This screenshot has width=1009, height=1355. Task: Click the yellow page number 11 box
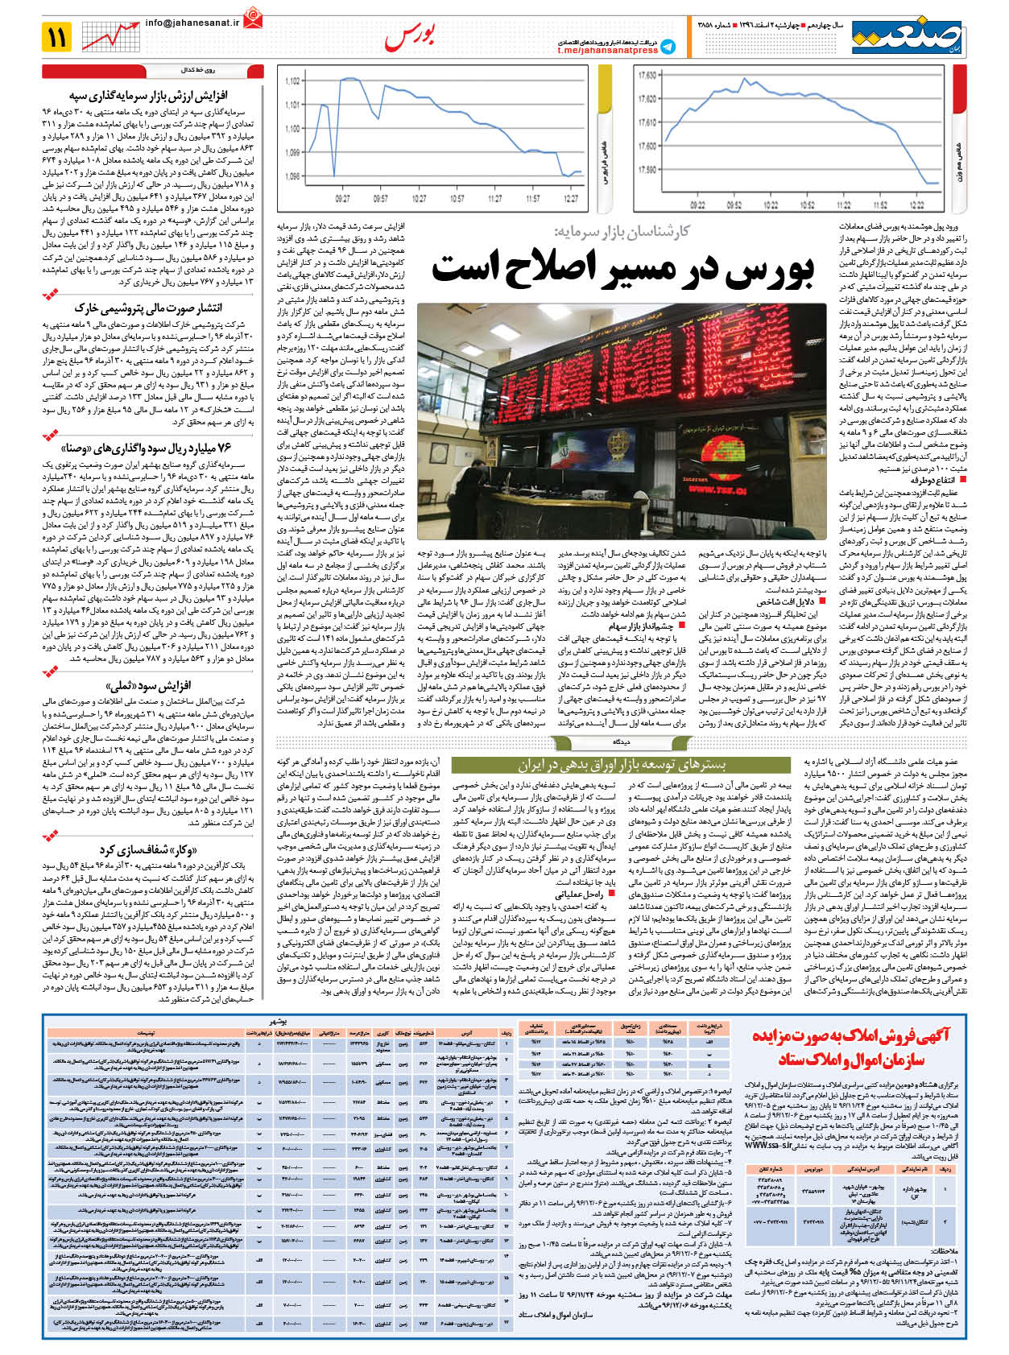[x=59, y=36]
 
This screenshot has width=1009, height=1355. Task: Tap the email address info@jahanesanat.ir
[x=192, y=23]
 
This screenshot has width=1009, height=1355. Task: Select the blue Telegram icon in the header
[x=668, y=47]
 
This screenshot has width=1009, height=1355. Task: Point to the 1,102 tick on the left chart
[x=292, y=81]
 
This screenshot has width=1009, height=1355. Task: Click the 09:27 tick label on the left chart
[x=342, y=199]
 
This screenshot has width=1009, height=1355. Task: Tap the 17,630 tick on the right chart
[x=646, y=76]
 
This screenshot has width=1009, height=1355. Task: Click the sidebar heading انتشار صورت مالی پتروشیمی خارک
[x=148, y=308]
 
